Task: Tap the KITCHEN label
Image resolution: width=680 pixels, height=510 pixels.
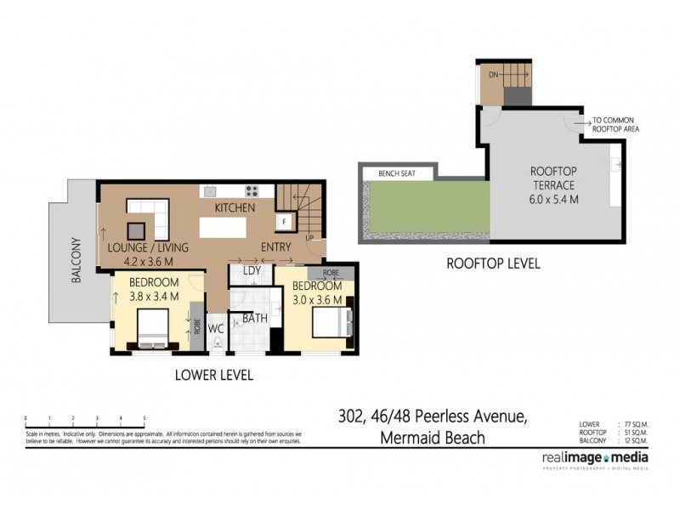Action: coord(235,207)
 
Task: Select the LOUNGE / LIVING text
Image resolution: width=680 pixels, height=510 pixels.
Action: coord(149,247)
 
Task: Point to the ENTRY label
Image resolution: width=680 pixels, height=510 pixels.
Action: coord(276,246)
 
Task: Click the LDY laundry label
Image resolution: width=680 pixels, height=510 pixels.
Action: coord(251,271)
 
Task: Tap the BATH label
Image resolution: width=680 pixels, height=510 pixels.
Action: coord(256,319)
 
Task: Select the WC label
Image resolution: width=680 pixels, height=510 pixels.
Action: coord(215,327)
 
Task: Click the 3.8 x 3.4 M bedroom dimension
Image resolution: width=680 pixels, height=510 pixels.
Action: coord(154,297)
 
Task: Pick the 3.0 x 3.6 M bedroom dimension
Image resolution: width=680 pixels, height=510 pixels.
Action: coord(318,300)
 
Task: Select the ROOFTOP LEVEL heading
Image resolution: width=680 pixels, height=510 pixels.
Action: coord(493,263)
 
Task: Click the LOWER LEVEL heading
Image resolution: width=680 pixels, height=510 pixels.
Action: coord(213,375)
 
